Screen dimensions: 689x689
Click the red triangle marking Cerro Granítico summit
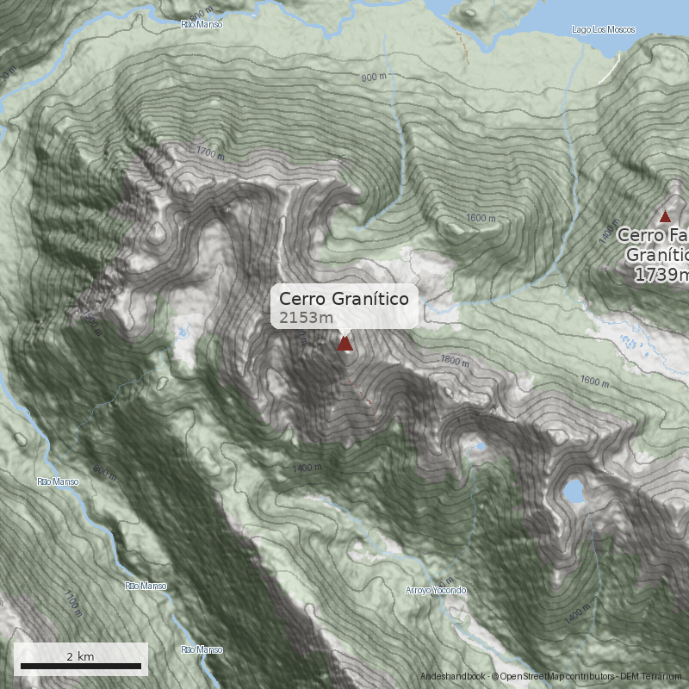point(344,344)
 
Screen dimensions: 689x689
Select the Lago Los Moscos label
point(603,30)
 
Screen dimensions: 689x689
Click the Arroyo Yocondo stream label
point(436,590)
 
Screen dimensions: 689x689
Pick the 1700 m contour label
point(210,155)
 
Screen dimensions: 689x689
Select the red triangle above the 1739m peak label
point(664,216)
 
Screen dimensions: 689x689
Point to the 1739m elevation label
point(661,275)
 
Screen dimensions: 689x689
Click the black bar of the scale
point(80,666)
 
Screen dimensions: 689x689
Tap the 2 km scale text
point(80,656)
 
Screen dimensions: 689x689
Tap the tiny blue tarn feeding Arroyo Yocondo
point(475,447)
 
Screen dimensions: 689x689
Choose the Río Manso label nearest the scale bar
point(202,649)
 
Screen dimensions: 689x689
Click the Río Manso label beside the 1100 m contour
point(146,586)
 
